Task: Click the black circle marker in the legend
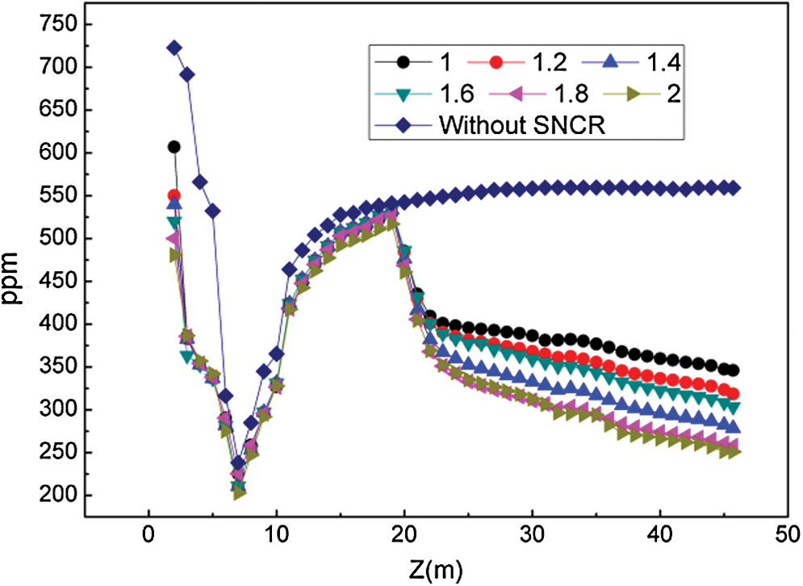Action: click(388, 61)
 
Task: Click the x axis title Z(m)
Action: click(436, 568)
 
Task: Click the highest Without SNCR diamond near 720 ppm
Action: click(174, 48)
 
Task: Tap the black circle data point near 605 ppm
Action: click(174, 147)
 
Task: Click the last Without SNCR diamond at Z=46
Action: click(734, 188)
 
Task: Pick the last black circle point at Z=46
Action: click(734, 370)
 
